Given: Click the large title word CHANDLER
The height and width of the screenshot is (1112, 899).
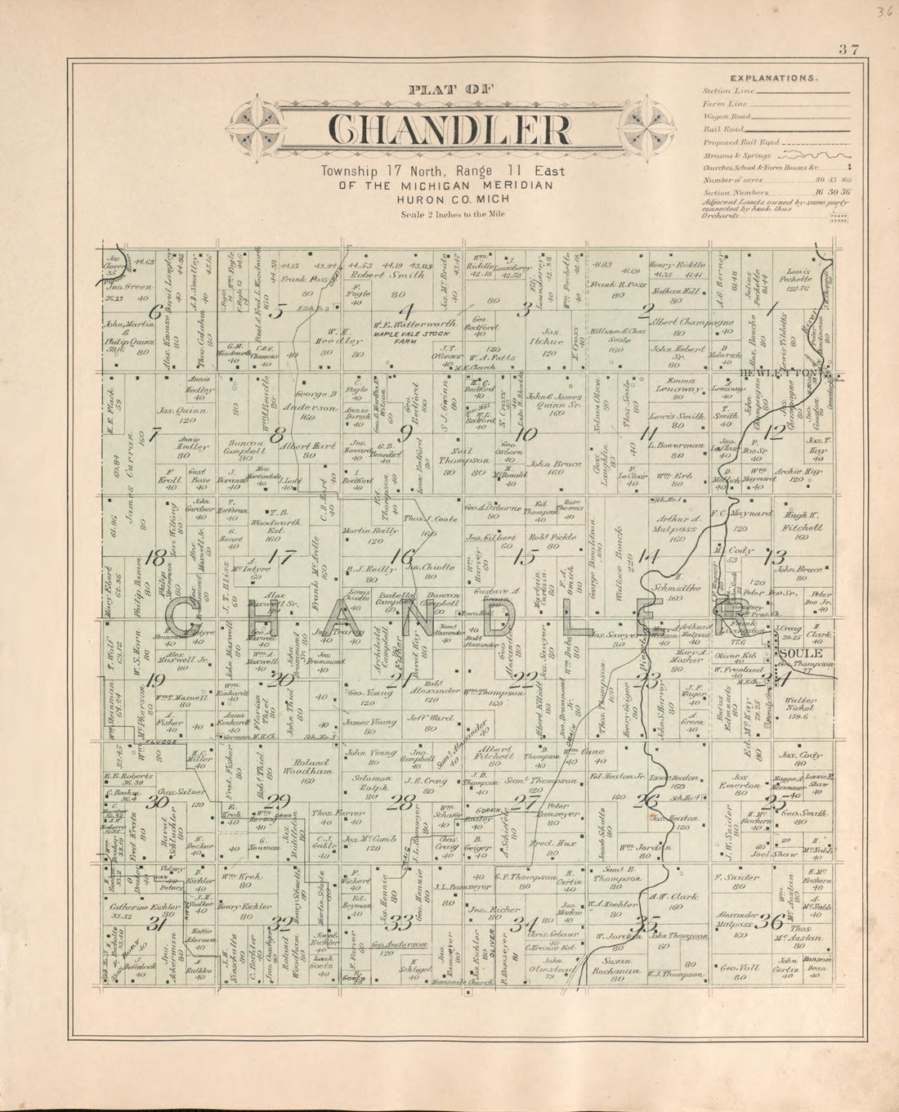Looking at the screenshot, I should coord(449,131).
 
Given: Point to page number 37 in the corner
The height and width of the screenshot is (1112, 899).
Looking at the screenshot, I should coord(847,49).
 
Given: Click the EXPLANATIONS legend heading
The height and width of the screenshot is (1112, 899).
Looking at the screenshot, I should coord(772,78).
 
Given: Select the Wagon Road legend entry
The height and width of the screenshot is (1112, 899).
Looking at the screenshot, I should coord(722,117).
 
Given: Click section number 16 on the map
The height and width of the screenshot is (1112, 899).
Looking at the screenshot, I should coord(402,555).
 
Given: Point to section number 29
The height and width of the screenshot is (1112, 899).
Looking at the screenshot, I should coord(281,800).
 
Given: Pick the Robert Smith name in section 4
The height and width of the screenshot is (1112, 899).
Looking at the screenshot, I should coord(397,276).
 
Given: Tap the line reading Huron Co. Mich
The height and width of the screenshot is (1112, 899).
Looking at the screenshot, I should coord(441,199).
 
